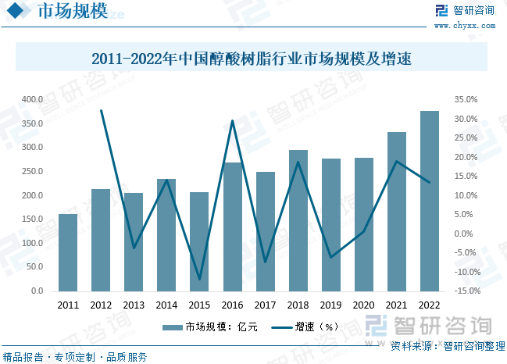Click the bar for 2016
pyautogui.click(x=232, y=227)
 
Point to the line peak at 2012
pyautogui.click(x=101, y=111)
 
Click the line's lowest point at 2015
pyautogui.click(x=199, y=279)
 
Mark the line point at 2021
pyautogui.click(x=396, y=162)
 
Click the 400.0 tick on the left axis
pyautogui.click(x=32, y=100)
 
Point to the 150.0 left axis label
pyautogui.click(x=32, y=219)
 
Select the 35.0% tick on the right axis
pyautogui.click(x=465, y=100)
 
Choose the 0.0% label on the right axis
pyautogui.click(x=465, y=234)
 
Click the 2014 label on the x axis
pyautogui.click(x=166, y=305)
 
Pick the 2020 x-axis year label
pyautogui.click(x=363, y=305)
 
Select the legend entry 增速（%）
pyautogui.click(x=305, y=327)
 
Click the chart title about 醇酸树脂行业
pyautogui.click(x=252, y=59)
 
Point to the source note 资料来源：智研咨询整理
pyautogui.click(x=442, y=344)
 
